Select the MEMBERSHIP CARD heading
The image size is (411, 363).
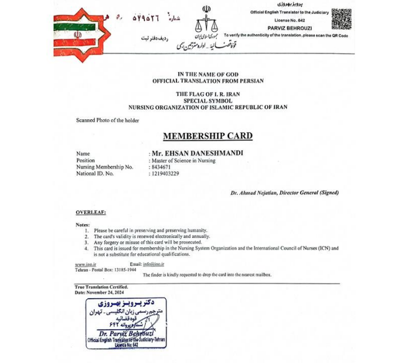click(207, 136)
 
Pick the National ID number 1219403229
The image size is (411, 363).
click(165, 173)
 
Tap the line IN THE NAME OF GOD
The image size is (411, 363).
click(207, 74)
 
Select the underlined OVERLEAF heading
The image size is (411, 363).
click(91, 212)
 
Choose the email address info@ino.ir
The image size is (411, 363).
click(153, 263)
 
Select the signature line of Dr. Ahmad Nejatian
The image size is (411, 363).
click(285, 193)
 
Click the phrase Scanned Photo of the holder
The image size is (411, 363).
click(107, 120)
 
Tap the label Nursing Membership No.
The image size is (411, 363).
click(104, 167)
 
